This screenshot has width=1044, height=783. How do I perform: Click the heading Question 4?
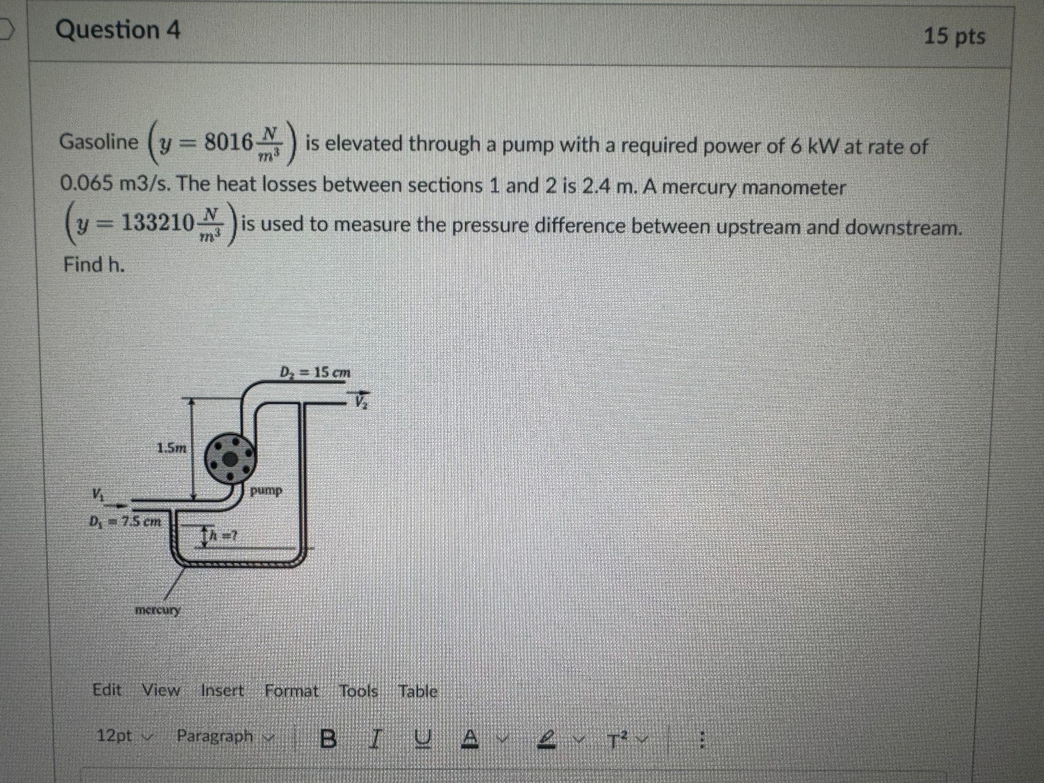(118, 30)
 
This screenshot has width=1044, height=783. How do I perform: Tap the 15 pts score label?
(954, 37)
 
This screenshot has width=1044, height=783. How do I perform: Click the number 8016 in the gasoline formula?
(228, 142)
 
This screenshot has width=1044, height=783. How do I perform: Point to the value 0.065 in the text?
(86, 184)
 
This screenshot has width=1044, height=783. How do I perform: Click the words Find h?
(94, 264)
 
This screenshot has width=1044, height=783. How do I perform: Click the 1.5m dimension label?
(172, 448)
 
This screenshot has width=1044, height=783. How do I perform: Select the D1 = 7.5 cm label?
(125, 521)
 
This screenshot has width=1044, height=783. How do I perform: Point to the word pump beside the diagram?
(267, 490)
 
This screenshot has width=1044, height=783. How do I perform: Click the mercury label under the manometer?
(158, 610)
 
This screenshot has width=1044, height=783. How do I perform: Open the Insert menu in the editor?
(222, 691)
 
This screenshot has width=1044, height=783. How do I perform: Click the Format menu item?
(292, 691)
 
